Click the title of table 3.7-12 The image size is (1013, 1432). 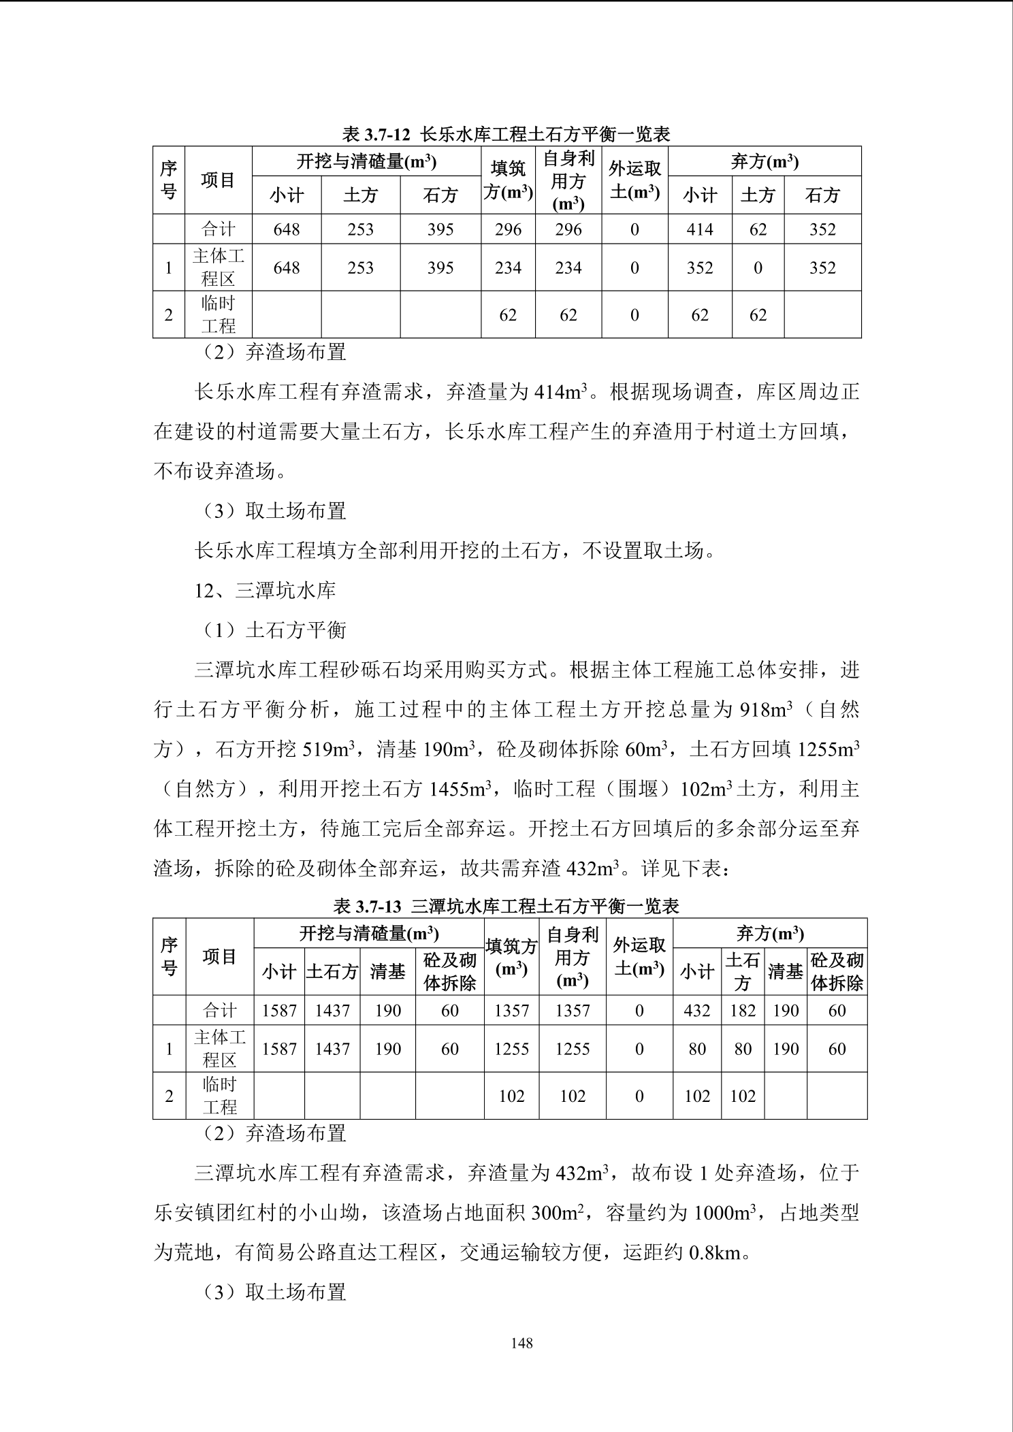(x=506, y=134)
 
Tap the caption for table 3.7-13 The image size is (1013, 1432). (x=506, y=906)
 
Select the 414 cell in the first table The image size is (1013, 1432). (x=700, y=229)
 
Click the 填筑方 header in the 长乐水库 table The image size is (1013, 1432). (x=508, y=180)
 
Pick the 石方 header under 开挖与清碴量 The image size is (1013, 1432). (x=440, y=196)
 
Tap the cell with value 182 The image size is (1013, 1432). (x=743, y=1011)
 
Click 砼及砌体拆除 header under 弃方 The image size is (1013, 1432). (x=837, y=971)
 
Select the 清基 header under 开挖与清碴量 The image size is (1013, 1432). (x=387, y=971)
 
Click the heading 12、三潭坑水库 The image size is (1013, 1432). (x=266, y=590)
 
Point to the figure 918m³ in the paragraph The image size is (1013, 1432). (x=766, y=710)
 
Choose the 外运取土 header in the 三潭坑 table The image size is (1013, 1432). (x=639, y=957)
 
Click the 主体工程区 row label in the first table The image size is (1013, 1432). (x=218, y=267)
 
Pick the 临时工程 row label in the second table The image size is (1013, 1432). (x=219, y=1096)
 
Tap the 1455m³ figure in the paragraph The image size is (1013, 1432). (x=460, y=790)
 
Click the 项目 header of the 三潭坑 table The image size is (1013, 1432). (x=219, y=957)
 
